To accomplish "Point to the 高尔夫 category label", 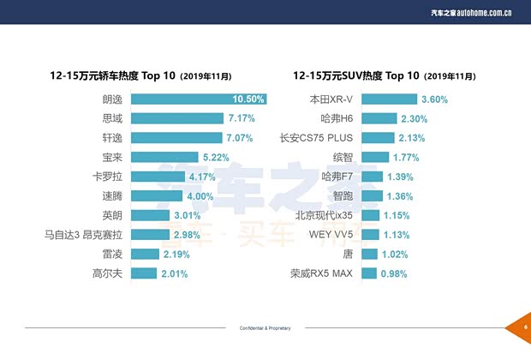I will click(109, 273).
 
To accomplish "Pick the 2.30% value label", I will click(414, 119).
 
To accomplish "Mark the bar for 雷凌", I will click(145, 255).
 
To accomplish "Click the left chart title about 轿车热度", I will click(137, 75).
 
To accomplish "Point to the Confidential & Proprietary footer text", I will click(265, 328).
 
